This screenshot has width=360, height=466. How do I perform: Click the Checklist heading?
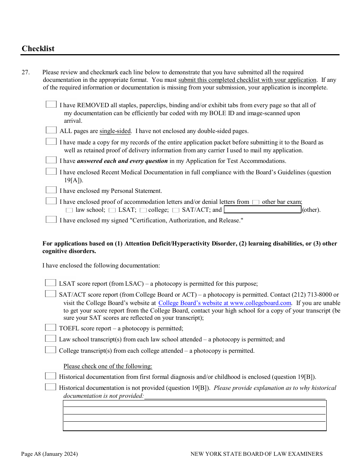(x=38, y=48)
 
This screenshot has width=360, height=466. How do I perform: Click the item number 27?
(x=25, y=72)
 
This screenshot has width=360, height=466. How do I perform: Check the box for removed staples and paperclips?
(x=51, y=105)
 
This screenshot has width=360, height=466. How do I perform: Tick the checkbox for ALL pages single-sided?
(x=51, y=130)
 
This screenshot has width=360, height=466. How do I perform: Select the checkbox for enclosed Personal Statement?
(x=51, y=190)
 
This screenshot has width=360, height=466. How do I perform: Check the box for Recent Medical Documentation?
(x=51, y=172)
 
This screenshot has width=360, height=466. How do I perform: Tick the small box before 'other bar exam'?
(x=256, y=202)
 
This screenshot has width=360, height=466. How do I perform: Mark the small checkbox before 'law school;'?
(x=69, y=210)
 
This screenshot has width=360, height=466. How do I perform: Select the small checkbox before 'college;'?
(x=143, y=210)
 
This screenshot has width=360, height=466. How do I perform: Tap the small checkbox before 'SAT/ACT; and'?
(x=176, y=210)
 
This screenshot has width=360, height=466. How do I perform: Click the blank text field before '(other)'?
(x=262, y=210)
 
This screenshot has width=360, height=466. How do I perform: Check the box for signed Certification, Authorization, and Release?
(x=51, y=220)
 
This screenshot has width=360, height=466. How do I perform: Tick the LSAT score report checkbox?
(x=50, y=283)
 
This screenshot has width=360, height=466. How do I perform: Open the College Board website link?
(x=225, y=303)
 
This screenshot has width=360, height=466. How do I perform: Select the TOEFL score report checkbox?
(x=50, y=328)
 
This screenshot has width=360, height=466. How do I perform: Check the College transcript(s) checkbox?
(x=50, y=350)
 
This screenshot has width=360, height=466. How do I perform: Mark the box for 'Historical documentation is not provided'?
(x=50, y=387)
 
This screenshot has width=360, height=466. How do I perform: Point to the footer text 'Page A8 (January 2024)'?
(x=49, y=454)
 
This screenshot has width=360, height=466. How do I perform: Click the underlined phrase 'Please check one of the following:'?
(x=108, y=366)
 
